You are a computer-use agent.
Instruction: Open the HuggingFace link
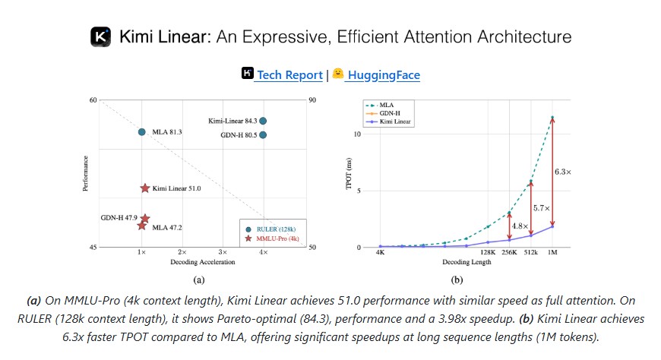pos(383,74)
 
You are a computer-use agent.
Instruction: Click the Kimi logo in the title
pos(100,36)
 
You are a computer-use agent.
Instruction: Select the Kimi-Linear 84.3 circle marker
pos(263,121)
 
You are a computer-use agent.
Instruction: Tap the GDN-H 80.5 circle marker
pos(263,134)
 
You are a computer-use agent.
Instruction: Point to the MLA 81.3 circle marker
pos(141,132)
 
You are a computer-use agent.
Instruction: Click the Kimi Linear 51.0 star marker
pos(144,188)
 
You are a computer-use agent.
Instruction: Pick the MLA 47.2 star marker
pos(141,226)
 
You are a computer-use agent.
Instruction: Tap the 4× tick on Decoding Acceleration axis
pos(263,251)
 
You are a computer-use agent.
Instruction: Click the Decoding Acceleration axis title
pos(201,262)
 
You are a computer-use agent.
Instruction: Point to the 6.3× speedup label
pos(562,172)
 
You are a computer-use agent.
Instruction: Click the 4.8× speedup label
pos(520,226)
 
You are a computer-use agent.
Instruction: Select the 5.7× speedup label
pos(541,208)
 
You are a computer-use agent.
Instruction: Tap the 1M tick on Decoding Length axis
pos(552,252)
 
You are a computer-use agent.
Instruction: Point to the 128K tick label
pos(487,252)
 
